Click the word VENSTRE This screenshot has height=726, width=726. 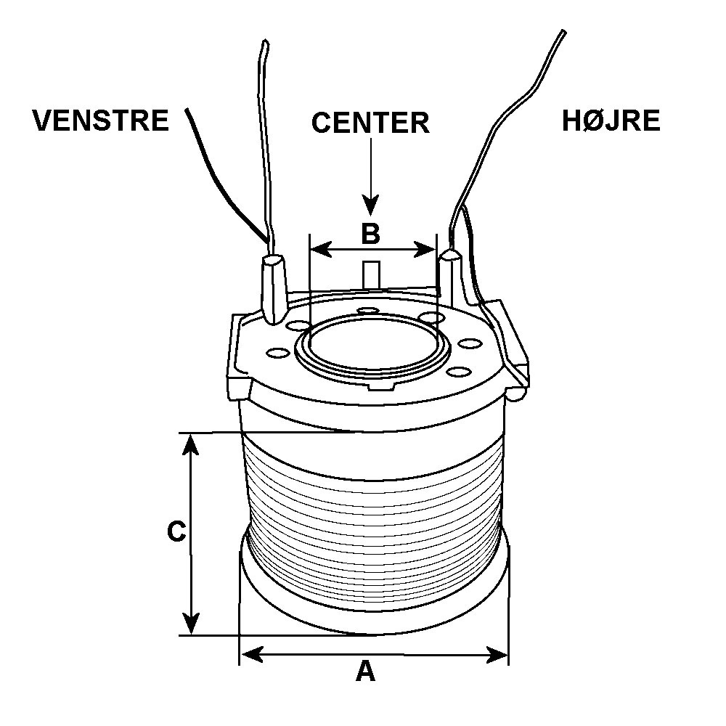click(x=100, y=120)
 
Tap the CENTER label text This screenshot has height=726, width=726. click(x=370, y=123)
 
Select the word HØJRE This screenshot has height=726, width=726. click(x=611, y=121)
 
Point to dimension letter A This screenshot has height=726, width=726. click(x=365, y=672)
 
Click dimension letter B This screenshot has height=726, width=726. click(x=370, y=234)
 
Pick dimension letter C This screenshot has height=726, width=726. click(x=176, y=532)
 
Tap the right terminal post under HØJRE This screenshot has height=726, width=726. click(x=453, y=280)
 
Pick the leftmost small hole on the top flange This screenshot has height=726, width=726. click(x=276, y=353)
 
